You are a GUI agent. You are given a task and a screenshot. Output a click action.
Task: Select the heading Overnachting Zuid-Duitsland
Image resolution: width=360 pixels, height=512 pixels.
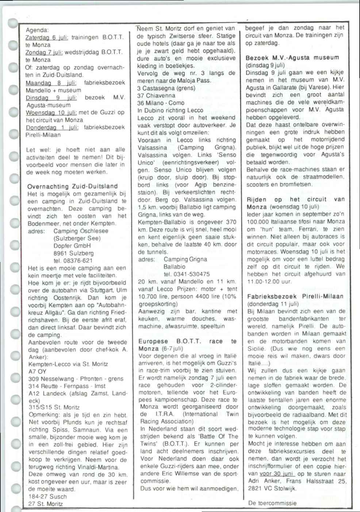pyautogui.click(x=72, y=186)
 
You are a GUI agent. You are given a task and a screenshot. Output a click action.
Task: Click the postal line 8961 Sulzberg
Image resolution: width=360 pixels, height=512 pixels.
pyautogui.click(x=68, y=253)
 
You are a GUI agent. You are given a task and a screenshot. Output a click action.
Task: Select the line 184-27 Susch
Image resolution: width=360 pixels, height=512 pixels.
pyautogui.click(x=47, y=497)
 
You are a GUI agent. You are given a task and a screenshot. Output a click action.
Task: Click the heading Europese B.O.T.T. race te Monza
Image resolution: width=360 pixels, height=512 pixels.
pyautogui.click(x=187, y=345)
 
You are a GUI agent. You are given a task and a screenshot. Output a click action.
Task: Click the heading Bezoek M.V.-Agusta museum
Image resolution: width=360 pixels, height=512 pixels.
pyautogui.click(x=292, y=58)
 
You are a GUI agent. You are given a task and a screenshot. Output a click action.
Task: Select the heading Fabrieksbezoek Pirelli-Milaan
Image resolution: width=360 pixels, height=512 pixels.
pyautogui.click(x=295, y=296)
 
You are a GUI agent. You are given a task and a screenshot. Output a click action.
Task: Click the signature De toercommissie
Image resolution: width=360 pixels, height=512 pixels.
pyautogui.click(x=272, y=503)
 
